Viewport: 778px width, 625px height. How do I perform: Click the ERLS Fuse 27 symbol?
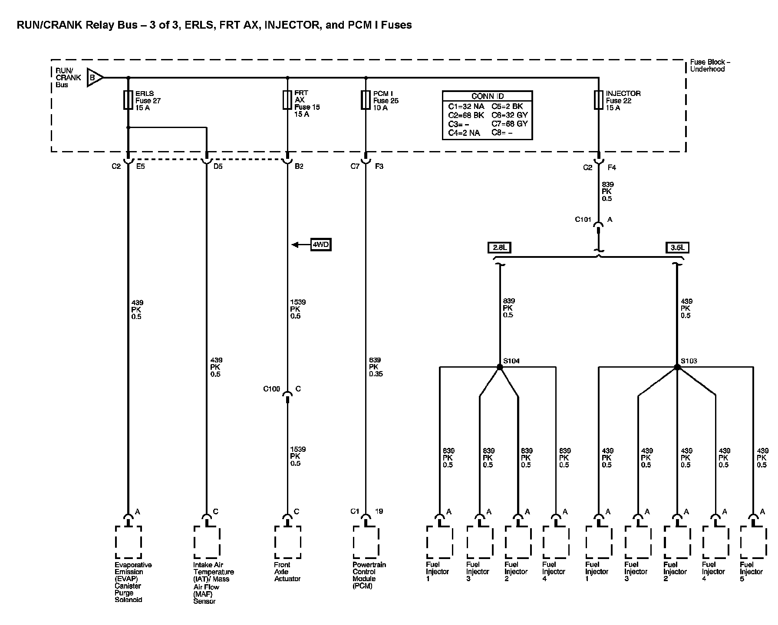pyautogui.click(x=128, y=100)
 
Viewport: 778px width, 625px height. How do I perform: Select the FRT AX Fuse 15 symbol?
pyautogui.click(x=287, y=100)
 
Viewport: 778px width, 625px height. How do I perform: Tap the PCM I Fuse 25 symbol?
pyautogui.click(x=366, y=100)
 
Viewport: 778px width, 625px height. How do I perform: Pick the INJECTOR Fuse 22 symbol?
pyautogui.click(x=598, y=100)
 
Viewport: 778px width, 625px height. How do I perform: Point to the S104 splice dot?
pyautogui.click(x=500, y=367)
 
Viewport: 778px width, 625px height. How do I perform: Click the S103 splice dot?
pyautogui.click(x=677, y=367)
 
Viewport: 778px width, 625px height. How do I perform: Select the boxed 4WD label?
pyautogui.click(x=320, y=245)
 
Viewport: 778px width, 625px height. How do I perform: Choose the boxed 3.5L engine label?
pyautogui.click(x=677, y=248)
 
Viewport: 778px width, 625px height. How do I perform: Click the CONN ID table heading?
pyautogui.click(x=487, y=96)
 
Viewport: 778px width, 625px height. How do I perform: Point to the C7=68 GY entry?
pyautogui.click(x=509, y=124)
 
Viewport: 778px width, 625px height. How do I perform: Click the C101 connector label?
pyautogui.click(x=583, y=220)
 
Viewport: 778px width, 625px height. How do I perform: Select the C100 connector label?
pyautogui.click(x=272, y=389)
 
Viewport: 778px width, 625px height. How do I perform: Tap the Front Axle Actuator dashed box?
pyautogui.click(x=287, y=542)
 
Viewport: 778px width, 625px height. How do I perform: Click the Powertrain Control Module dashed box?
pyautogui.click(x=366, y=542)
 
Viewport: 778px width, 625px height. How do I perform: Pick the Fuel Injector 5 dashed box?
pyautogui.click(x=753, y=542)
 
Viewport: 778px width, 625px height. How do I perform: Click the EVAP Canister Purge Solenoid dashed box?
pyautogui.click(x=129, y=542)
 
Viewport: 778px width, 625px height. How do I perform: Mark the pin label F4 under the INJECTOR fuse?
pyautogui.click(x=612, y=168)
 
